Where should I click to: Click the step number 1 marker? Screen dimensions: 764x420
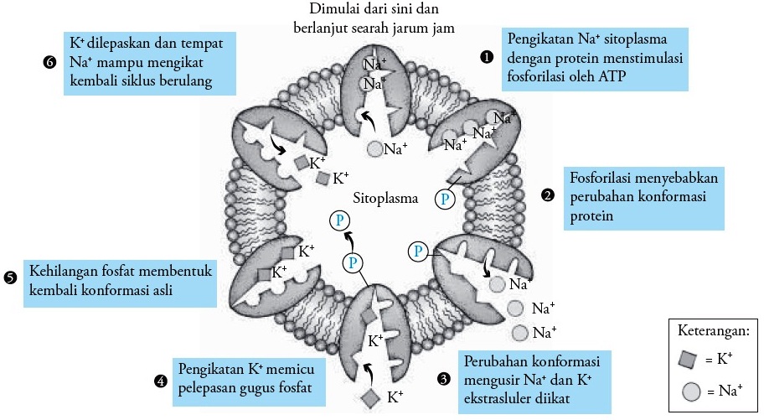(x=485, y=57)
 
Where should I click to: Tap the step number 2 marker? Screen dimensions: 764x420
(x=547, y=195)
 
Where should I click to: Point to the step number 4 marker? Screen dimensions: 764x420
(x=159, y=381)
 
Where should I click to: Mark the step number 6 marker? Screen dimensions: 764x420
(x=49, y=60)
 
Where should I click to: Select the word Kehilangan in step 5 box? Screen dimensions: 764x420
(x=67, y=272)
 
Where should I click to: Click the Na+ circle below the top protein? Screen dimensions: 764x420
(x=374, y=150)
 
